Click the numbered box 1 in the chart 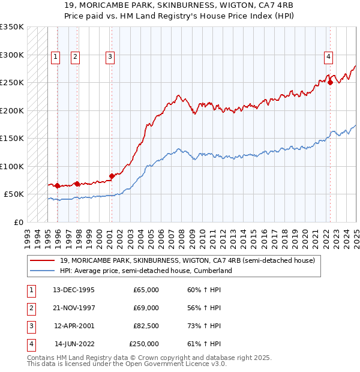(55, 57)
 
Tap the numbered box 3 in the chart (110, 57)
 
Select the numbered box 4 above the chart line (329, 57)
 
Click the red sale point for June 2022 (331, 83)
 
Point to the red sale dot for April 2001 (112, 176)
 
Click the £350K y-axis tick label (12, 27)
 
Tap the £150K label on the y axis (12, 138)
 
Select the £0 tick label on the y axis (18, 222)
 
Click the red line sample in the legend (42, 260)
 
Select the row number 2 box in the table (31, 308)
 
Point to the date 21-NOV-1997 (74, 308)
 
